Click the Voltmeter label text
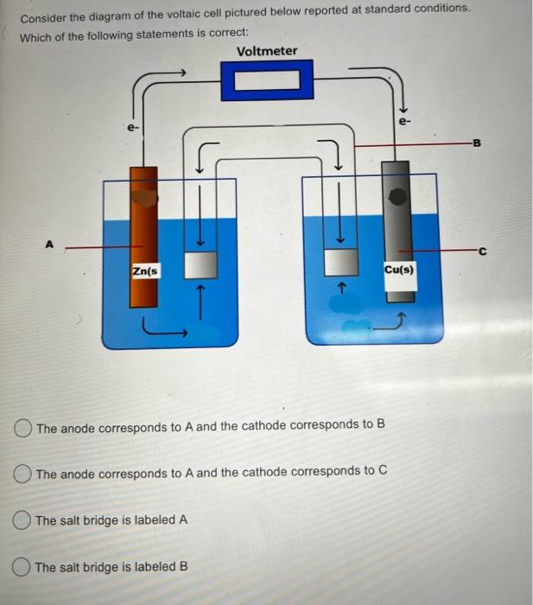[266, 51]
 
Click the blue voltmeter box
[266, 83]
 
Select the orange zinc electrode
[143, 233]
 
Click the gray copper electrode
[398, 225]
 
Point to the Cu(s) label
[398, 269]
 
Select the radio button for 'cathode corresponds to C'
[24, 472]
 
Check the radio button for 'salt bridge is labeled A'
[24, 520]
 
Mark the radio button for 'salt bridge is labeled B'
[24, 567]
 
